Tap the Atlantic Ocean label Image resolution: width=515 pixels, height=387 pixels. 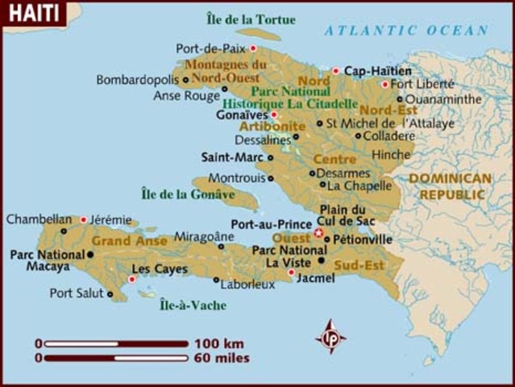pyautogui.click(x=406, y=31)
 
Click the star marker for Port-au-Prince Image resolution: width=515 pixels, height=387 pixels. pyautogui.click(x=318, y=233)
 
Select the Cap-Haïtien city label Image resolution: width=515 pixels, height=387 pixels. pyautogui.click(x=378, y=71)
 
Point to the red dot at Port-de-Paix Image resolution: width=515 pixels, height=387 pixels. pyautogui.click(x=253, y=48)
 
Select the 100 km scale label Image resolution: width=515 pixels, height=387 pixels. pyautogui.click(x=218, y=343)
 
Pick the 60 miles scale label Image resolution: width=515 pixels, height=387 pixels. pyautogui.click(x=222, y=358)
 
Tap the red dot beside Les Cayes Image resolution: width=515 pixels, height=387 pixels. pyautogui.click(x=132, y=279)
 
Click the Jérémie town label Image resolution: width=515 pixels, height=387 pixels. pyautogui.click(x=110, y=218)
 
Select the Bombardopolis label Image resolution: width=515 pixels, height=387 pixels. pyautogui.click(x=138, y=80)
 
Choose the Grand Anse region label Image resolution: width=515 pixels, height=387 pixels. pyautogui.click(x=123, y=240)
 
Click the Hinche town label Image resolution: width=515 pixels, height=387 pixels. pyautogui.click(x=391, y=154)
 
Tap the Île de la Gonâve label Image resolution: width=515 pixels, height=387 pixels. pyautogui.click(x=188, y=193)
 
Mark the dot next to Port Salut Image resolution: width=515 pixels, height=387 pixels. pyautogui.click(x=110, y=294)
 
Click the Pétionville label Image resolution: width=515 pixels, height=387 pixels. pyautogui.click(x=363, y=239)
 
